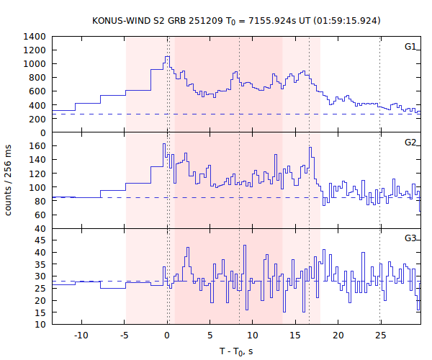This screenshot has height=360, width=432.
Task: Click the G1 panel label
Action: (x=410, y=47)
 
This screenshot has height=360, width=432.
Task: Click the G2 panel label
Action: (x=410, y=142)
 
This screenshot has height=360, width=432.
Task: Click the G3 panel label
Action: (x=410, y=238)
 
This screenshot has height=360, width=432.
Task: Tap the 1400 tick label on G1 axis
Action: (x=35, y=36)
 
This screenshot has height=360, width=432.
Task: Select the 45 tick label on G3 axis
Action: (x=41, y=240)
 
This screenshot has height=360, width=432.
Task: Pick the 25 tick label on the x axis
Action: (x=379, y=335)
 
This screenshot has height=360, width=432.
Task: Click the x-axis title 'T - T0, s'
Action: (x=236, y=351)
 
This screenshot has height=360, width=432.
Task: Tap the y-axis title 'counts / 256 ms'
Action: (x=10, y=180)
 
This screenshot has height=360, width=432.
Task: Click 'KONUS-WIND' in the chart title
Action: (x=120, y=20)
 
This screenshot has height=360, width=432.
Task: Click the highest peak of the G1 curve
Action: (x=167, y=57)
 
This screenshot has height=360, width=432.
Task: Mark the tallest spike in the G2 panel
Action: (x=163, y=144)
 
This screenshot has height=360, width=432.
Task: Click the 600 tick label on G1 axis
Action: (x=38, y=91)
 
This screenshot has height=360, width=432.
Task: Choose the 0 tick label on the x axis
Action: (x=167, y=335)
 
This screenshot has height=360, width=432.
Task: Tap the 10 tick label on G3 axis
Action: (x=41, y=325)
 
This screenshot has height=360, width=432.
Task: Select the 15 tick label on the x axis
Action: (x=294, y=335)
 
